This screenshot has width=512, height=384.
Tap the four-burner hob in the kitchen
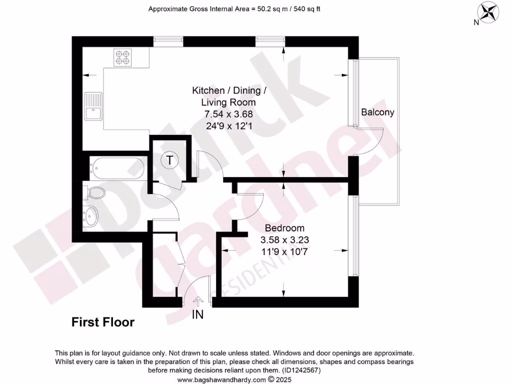(122, 57)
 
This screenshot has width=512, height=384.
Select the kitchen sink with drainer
(93, 106)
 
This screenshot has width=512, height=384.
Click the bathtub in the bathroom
(117, 168)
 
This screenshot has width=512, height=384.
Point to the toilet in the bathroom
(95, 193)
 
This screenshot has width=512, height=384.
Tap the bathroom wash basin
(91, 216)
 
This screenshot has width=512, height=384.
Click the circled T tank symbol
(170, 160)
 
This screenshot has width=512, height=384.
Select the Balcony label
(377, 112)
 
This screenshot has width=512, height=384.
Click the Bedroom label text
(284, 228)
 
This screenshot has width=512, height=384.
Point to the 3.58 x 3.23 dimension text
(284, 240)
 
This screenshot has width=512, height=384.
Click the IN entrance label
(197, 315)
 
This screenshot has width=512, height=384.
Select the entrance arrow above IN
(197, 301)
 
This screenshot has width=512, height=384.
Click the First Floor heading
(102, 322)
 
